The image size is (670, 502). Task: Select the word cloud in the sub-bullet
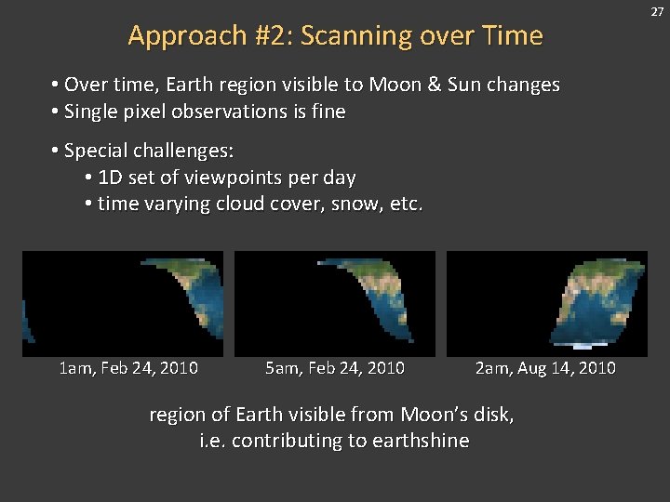(240, 205)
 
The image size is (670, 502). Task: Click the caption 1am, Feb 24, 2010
(128, 368)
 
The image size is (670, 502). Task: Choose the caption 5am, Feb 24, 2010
(335, 368)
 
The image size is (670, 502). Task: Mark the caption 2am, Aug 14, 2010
(545, 368)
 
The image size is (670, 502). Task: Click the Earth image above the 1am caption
(123, 303)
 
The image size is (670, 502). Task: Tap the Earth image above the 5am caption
(335, 303)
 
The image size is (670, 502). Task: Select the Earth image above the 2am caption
(547, 303)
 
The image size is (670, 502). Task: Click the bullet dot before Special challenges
(57, 151)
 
